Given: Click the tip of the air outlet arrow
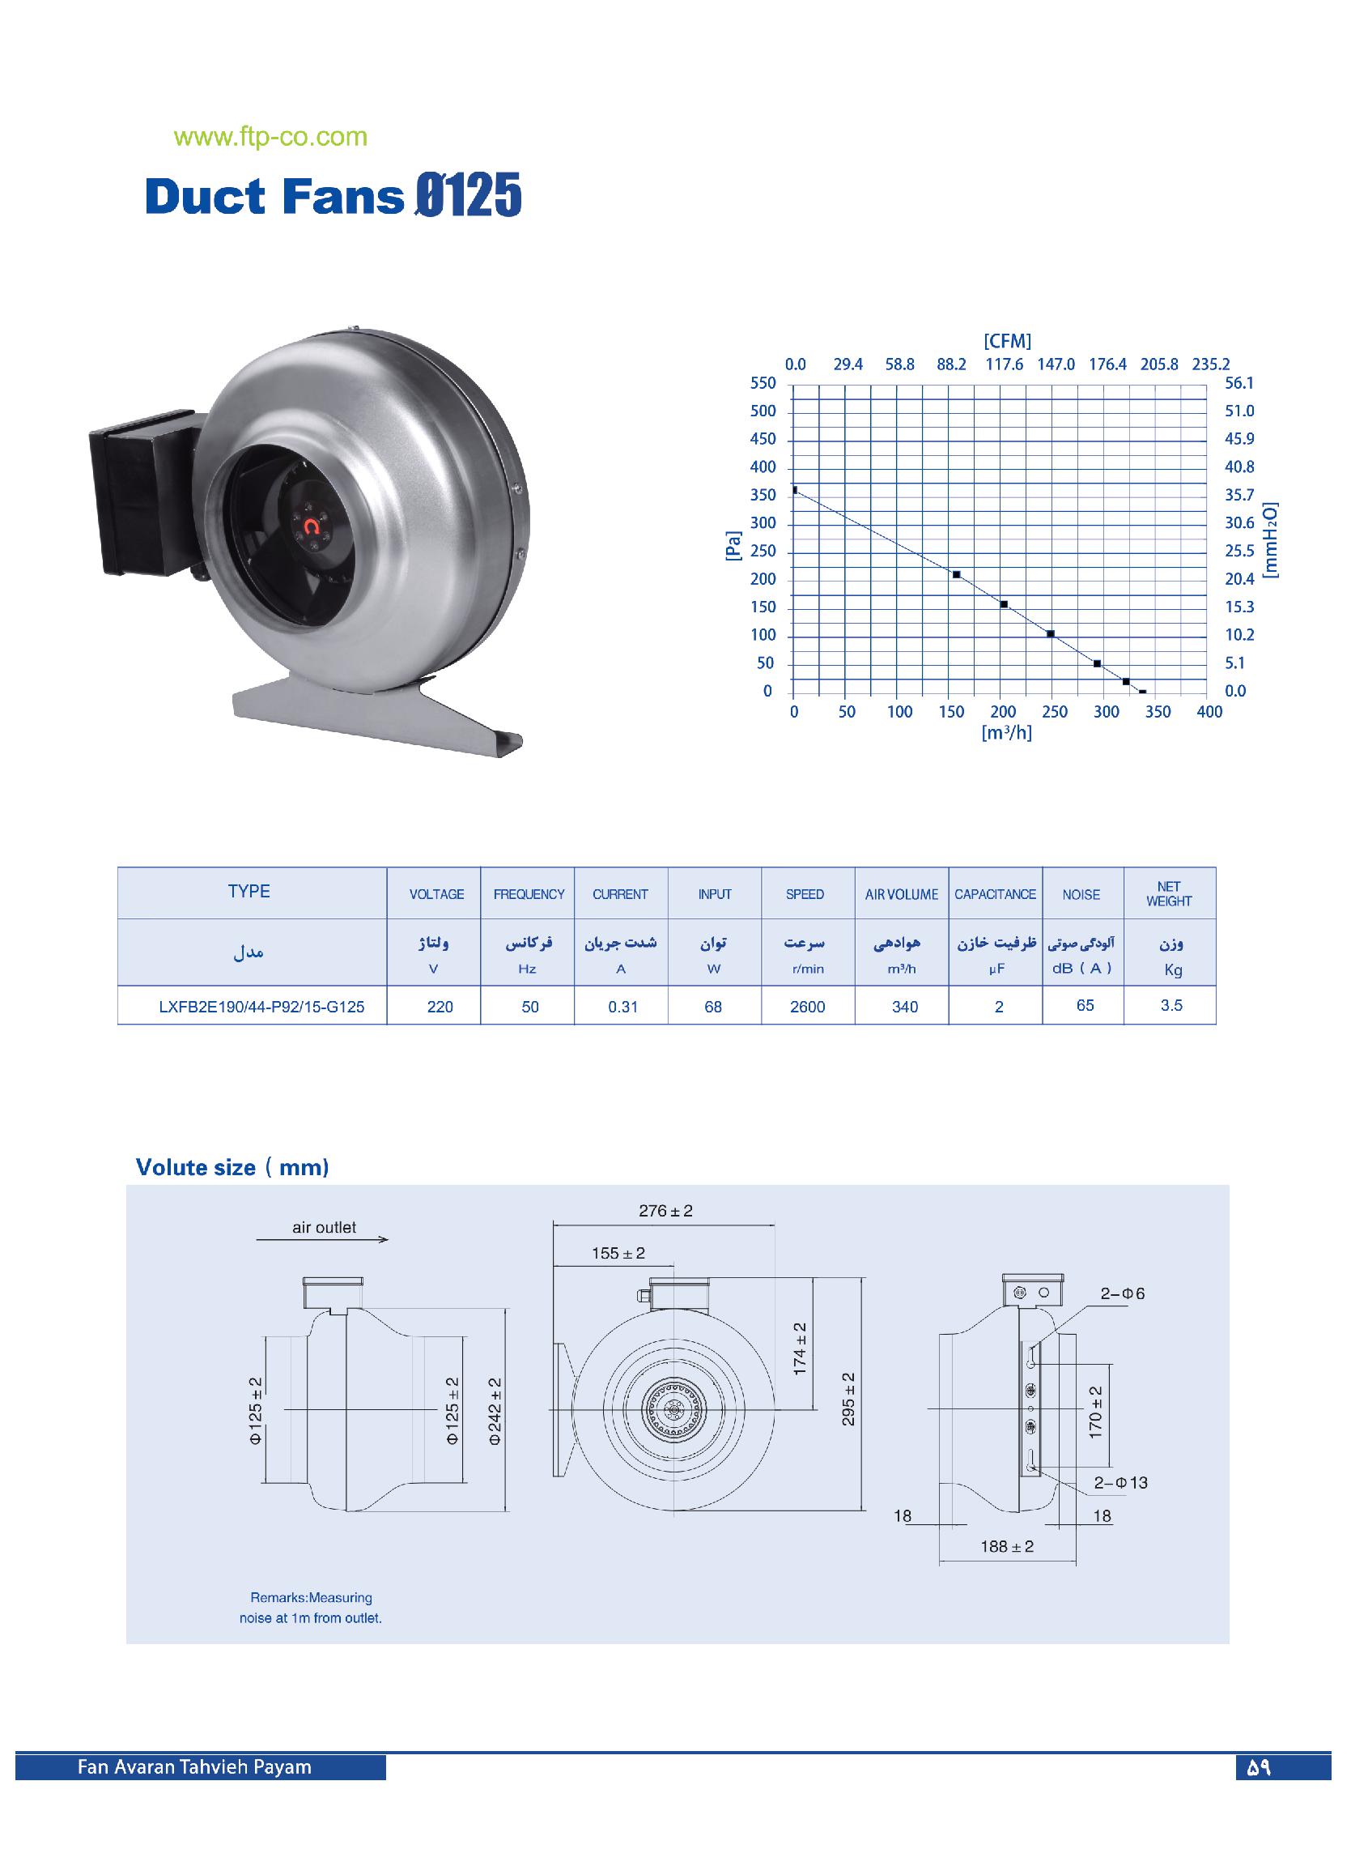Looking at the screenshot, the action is pyautogui.click(x=389, y=1240).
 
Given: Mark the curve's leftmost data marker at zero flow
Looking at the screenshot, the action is pyautogui.click(x=794, y=490).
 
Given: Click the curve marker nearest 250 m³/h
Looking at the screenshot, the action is pyautogui.click(x=1051, y=634).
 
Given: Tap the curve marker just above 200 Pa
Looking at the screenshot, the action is pyautogui.click(x=956, y=574).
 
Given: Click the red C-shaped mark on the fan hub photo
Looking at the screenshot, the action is pyautogui.click(x=312, y=527).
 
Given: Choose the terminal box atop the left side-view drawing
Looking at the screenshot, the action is pyautogui.click(x=333, y=1293).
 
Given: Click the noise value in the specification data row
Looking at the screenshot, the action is pyautogui.click(x=1085, y=1006).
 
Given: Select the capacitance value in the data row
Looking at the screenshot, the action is pyautogui.click(x=999, y=1008).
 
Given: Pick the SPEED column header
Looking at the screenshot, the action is pyautogui.click(x=805, y=894).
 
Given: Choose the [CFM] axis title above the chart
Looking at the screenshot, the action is pyautogui.click(x=1007, y=342).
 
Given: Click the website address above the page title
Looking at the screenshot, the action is pyautogui.click(x=271, y=137).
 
